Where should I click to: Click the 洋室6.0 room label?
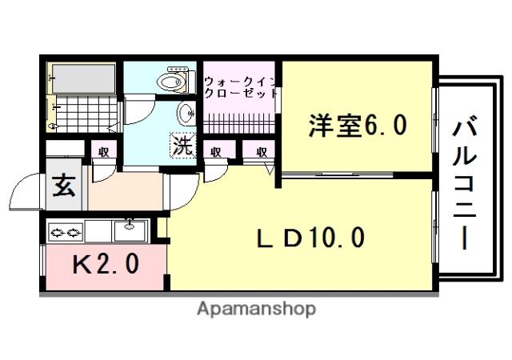(358, 125)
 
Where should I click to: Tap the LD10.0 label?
(310, 238)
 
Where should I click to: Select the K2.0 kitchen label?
(106, 264)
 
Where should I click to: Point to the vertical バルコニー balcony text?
(464, 185)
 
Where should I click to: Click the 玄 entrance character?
(64, 186)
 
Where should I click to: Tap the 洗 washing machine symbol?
(182, 146)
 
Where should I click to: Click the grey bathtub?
(83, 78)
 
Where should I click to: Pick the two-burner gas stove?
(66, 233)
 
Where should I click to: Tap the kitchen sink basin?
(130, 231)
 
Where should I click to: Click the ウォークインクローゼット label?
(240, 87)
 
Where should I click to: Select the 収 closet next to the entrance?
(104, 152)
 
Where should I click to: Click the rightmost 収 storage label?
(262, 152)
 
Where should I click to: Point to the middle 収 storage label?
(215, 152)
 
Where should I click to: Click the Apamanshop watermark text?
(256, 309)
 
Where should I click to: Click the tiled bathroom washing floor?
(86, 113)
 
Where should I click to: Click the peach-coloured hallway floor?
(126, 192)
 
